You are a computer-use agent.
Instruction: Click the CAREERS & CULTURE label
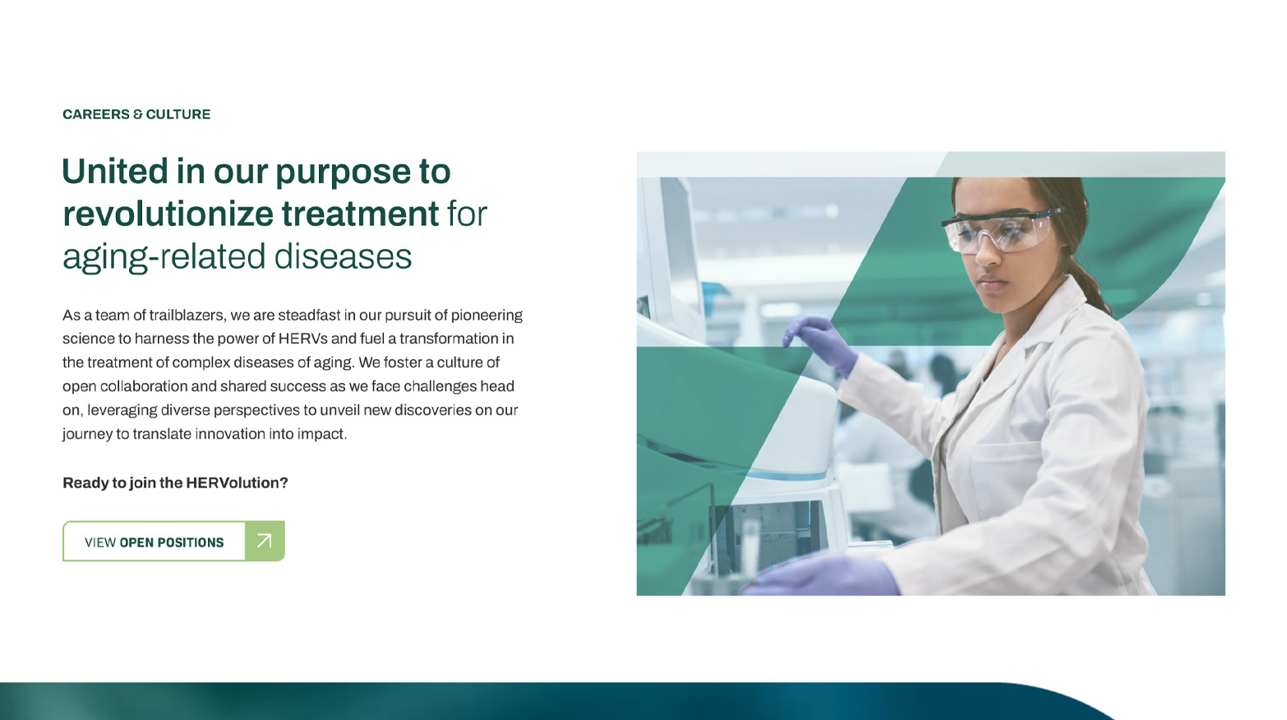[136, 114]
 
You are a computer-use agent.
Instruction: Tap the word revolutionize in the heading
[168, 214]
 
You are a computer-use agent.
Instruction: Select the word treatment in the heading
[360, 214]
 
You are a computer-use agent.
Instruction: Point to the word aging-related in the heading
[164, 257]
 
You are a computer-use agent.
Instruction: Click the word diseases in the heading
[343, 256]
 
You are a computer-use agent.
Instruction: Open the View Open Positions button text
[154, 542]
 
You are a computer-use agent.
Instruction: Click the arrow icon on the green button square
[265, 541]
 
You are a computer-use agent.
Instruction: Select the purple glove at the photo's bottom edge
[822, 576]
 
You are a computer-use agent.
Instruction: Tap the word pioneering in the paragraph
[487, 316]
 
